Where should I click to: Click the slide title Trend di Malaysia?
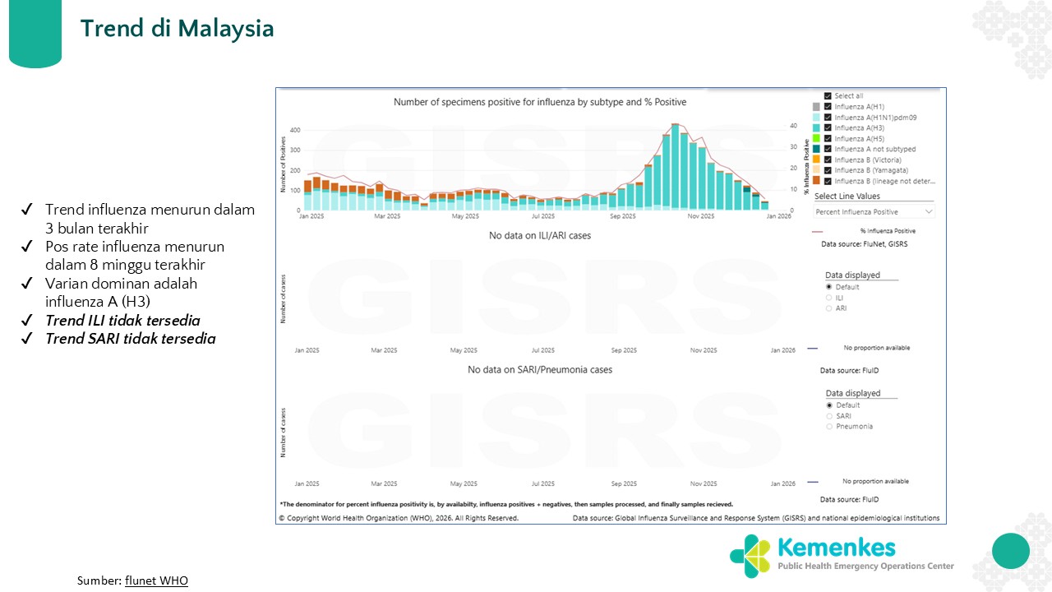177,29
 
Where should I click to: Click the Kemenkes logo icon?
750,557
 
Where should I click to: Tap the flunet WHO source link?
156,580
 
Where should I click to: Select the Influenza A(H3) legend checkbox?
828,127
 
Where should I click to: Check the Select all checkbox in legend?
828,95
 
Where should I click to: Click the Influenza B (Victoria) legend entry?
868,160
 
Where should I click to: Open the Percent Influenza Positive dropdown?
874,211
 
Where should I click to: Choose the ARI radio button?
829,308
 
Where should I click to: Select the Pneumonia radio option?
829,426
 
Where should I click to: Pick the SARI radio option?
829,416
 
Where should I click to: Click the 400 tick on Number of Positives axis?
295,130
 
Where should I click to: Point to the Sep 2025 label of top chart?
623,216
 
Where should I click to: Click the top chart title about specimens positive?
540,102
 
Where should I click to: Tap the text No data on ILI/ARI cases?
540,235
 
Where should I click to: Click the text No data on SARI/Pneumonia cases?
540,370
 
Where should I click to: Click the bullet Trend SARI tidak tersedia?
131,339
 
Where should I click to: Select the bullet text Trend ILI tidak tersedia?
122,321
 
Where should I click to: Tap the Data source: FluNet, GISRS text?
864,244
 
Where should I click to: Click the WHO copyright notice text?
399,518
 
